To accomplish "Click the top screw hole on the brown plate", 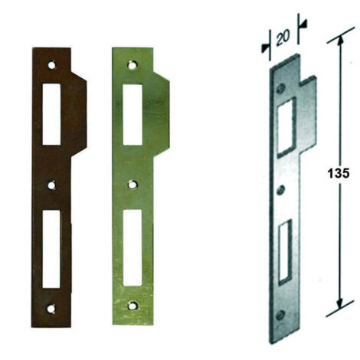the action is click(x=52, y=65).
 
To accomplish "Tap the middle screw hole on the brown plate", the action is click(x=52, y=185).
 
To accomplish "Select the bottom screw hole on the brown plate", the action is click(x=51, y=309).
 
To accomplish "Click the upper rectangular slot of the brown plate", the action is click(x=51, y=114).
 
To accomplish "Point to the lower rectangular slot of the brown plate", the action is click(x=51, y=249).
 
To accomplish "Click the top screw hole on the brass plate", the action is click(x=132, y=65).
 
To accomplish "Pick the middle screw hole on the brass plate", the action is click(x=132, y=185).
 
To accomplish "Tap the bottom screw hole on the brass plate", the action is click(x=132, y=306).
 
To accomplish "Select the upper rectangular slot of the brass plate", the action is click(x=133, y=115).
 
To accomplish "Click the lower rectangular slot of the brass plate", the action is click(x=133, y=247).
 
